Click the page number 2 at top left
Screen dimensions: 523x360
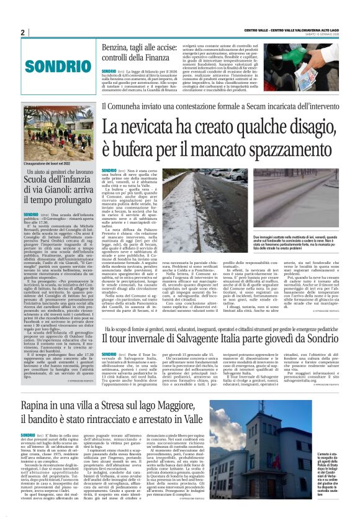(x=23, y=32)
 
